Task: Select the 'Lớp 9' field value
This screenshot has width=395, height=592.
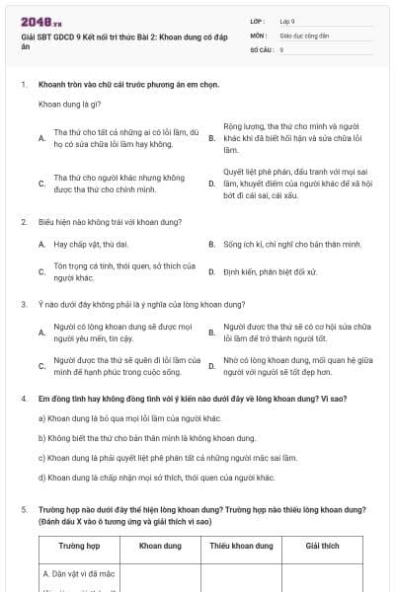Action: point(288,20)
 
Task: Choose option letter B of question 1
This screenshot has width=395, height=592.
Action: point(211,138)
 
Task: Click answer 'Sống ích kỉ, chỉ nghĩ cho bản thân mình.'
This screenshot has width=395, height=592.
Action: point(286,243)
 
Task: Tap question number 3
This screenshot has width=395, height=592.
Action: point(23,305)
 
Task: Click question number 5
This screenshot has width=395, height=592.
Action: point(23,510)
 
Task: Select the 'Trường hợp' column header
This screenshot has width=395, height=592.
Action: point(78,545)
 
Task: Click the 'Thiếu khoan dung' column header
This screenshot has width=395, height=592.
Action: point(239,545)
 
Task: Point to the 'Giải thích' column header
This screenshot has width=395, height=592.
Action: point(322,545)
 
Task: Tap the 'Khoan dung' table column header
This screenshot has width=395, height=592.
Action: point(158,545)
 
